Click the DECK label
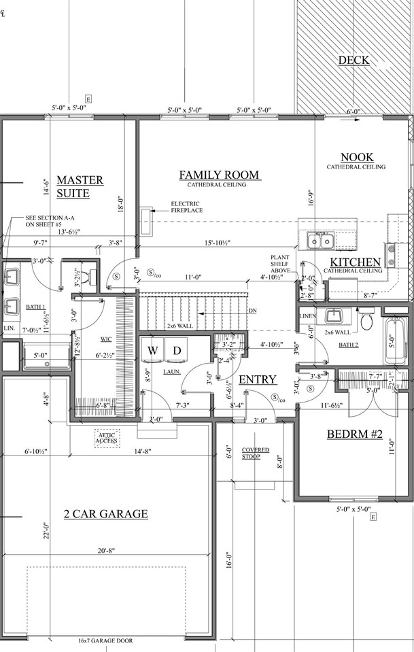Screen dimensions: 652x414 (353, 61)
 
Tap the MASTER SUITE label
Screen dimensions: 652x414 (80, 186)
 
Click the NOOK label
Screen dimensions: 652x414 (356, 157)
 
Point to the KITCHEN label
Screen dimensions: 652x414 (355, 262)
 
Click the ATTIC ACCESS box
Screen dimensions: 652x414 (107, 438)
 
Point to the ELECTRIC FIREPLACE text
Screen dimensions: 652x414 (186, 207)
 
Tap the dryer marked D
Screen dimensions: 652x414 (176, 350)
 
